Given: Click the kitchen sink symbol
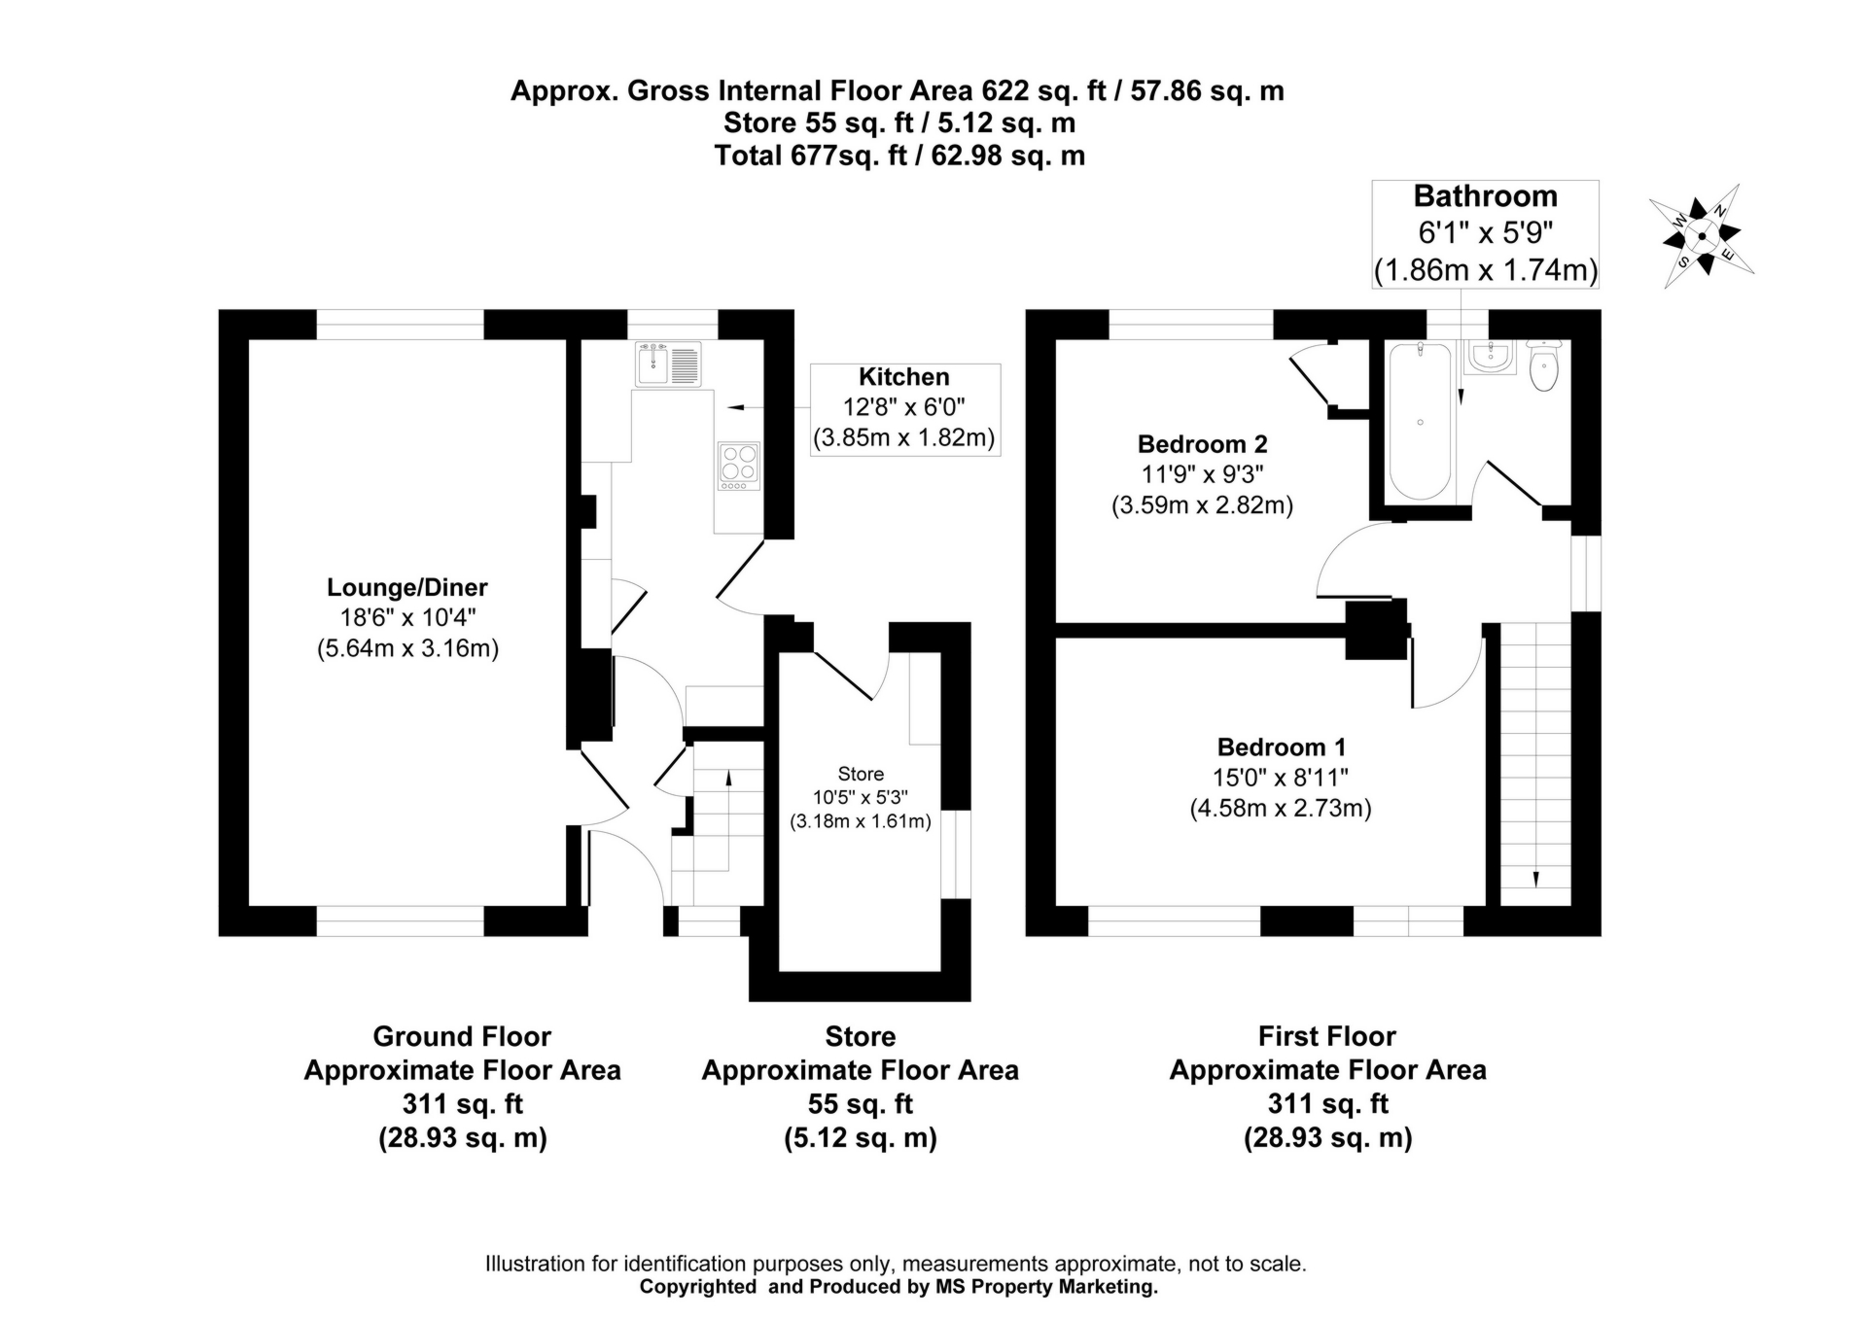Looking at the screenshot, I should pyautogui.click(x=667, y=364).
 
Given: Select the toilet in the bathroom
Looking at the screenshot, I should pyautogui.click(x=1543, y=365).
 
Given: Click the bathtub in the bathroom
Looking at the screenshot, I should pyautogui.click(x=1421, y=422).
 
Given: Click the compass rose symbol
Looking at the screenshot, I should pyautogui.click(x=1702, y=236).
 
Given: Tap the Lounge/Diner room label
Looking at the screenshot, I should pyautogui.click(x=406, y=587).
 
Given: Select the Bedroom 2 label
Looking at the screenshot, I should pyautogui.click(x=1202, y=444).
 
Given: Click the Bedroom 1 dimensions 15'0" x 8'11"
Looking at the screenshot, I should pyautogui.click(x=1280, y=778).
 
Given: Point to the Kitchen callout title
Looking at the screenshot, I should pyautogui.click(x=903, y=377).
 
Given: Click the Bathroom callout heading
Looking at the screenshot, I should pyautogui.click(x=1485, y=196).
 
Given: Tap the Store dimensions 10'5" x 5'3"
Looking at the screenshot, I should pyautogui.click(x=860, y=798).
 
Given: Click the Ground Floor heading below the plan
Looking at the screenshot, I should pyautogui.click(x=462, y=1036).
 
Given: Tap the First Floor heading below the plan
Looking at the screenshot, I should pyautogui.click(x=1326, y=1036).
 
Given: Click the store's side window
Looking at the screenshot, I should pyautogui.click(x=956, y=853).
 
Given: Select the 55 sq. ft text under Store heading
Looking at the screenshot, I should pyautogui.click(x=860, y=1104).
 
